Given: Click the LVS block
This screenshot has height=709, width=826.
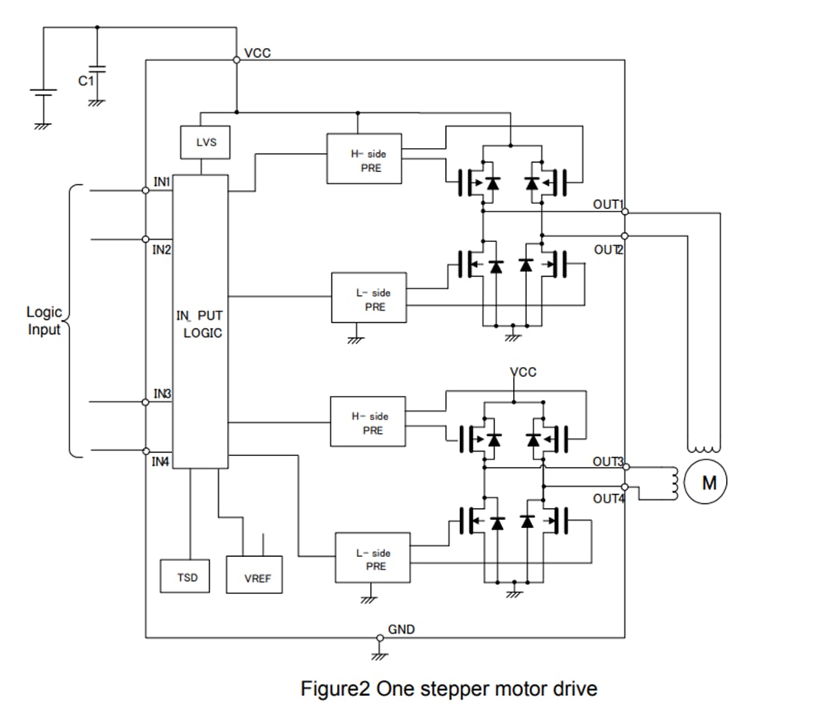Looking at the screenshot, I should click(x=206, y=142).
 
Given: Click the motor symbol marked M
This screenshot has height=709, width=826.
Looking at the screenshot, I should click(x=709, y=483).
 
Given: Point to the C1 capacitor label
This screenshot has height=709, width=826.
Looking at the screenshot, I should click(x=84, y=81).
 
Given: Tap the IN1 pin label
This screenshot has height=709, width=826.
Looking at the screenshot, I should click(x=160, y=181).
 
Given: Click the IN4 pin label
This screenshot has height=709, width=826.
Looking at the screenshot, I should click(x=160, y=462).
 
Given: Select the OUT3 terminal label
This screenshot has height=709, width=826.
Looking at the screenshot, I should click(x=609, y=462).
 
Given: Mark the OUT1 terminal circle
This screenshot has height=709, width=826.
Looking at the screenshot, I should click(x=624, y=212).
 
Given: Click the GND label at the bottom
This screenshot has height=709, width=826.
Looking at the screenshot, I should click(x=401, y=630).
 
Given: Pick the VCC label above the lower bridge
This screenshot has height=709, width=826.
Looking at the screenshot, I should click(x=523, y=372).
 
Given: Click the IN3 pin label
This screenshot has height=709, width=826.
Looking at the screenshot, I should click(x=161, y=393).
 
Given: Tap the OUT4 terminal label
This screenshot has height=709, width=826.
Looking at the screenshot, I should click(x=609, y=498).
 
